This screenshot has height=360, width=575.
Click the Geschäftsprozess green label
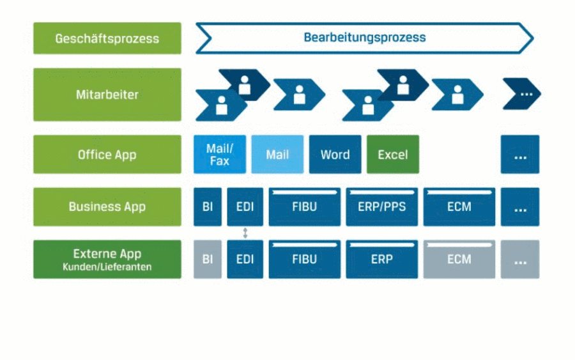pyautogui.click(x=107, y=38)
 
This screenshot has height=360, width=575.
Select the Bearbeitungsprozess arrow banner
pyautogui.click(x=365, y=38)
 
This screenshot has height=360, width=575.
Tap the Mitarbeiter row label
pyautogui.click(x=107, y=95)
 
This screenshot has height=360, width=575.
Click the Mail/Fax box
pyautogui.click(x=220, y=155)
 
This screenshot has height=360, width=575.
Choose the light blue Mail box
pyautogui.click(x=277, y=155)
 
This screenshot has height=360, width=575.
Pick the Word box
pyautogui.click(x=335, y=155)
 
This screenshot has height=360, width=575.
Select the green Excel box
pyautogui.click(x=393, y=155)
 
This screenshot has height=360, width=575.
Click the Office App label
pyautogui.click(x=107, y=155)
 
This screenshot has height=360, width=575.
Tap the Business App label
pyautogui.click(x=107, y=207)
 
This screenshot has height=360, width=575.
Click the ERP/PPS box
pyautogui.click(x=382, y=207)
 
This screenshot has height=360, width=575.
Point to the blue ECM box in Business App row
pyautogui.click(x=459, y=207)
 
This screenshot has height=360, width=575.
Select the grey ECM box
pyautogui.click(x=459, y=260)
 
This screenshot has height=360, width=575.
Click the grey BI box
pyautogui.click(x=208, y=260)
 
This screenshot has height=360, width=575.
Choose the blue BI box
pyautogui.click(x=208, y=207)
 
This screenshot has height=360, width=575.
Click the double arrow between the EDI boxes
pyautogui.click(x=245, y=233)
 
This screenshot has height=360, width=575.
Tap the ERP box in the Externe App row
pyautogui.click(x=382, y=260)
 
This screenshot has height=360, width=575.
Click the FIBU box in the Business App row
pyautogui.click(x=304, y=207)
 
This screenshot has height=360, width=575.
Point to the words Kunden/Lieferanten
pyautogui.click(x=107, y=267)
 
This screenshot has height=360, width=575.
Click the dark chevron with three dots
pyautogui.click(x=521, y=94)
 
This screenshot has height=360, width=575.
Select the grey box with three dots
pyautogui.click(x=520, y=260)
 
